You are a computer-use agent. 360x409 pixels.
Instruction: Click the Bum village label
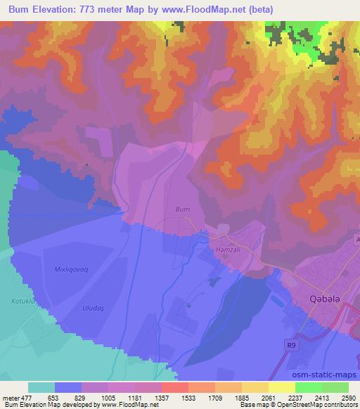(x=182, y=209)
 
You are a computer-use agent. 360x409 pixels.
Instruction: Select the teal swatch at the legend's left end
(x=41, y=387)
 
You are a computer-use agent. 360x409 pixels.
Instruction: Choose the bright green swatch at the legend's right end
(x=335, y=387)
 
